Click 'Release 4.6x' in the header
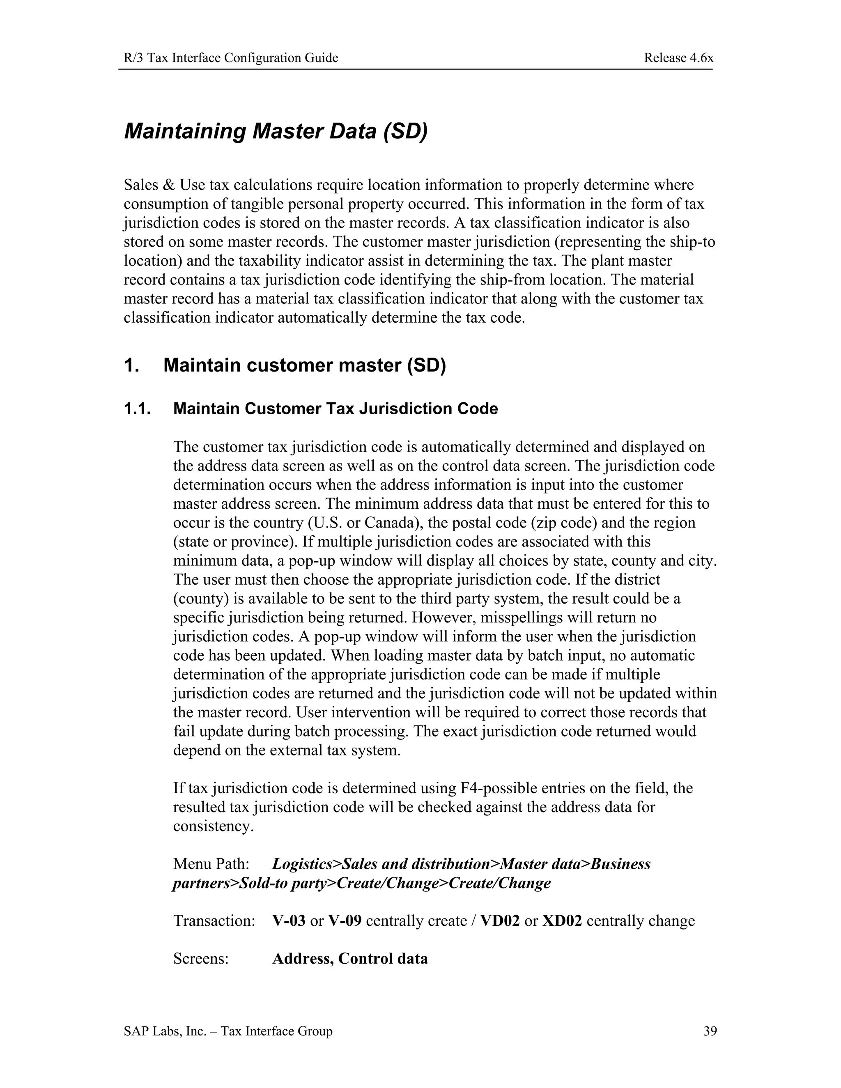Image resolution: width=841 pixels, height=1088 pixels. (678, 58)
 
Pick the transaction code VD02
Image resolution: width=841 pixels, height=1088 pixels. (500, 920)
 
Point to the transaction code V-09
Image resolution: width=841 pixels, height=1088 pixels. (345, 920)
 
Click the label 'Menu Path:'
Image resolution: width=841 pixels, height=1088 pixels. (211, 864)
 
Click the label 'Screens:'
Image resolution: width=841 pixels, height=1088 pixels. (201, 959)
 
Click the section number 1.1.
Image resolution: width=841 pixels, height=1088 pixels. (137, 409)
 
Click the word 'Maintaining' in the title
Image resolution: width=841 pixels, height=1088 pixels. (185, 131)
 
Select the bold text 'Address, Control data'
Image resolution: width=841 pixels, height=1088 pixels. (350, 959)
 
